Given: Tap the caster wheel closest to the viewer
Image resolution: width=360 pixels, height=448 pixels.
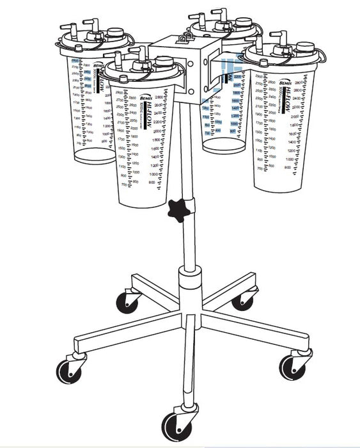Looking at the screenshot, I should [173, 425].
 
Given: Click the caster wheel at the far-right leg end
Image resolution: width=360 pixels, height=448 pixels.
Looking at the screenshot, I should [292, 367].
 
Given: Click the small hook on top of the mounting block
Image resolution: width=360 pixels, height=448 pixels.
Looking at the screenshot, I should [186, 38].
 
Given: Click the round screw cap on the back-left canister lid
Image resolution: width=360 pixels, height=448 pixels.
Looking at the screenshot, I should [115, 33].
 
